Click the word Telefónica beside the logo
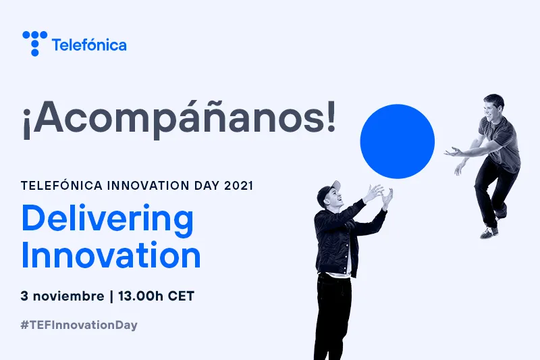[89, 45]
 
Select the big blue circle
[398, 141]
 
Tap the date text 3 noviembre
[59, 296]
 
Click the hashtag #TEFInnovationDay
[79, 325]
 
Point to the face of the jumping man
[491, 109]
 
